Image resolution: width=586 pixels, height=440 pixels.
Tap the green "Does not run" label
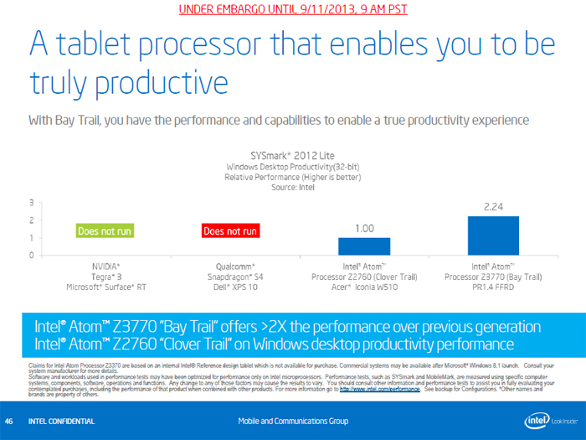click(x=105, y=230)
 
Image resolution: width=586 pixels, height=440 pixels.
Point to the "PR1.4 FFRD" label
click(x=493, y=287)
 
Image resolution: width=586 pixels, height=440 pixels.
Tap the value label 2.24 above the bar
click(x=493, y=204)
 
